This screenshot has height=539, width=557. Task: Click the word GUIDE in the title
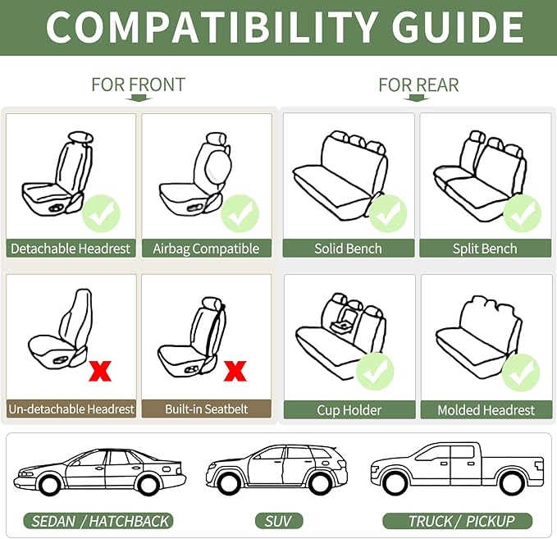click(x=458, y=27)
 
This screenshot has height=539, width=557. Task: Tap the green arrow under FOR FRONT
click(x=139, y=98)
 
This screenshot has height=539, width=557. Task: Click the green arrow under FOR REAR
click(x=417, y=98)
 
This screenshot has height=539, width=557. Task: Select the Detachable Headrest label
click(x=71, y=249)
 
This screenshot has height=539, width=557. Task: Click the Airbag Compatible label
click(x=207, y=249)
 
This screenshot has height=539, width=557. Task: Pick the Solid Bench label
click(x=349, y=249)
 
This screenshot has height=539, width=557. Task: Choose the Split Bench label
click(x=486, y=249)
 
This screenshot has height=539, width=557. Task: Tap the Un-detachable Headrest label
click(x=71, y=409)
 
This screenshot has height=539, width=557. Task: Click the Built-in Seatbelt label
click(x=207, y=409)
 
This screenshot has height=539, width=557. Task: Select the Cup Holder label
click(x=349, y=410)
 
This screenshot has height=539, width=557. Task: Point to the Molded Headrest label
click(x=486, y=410)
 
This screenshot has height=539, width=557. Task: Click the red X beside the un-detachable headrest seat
click(x=100, y=371)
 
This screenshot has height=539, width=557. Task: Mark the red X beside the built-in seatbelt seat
click(x=235, y=371)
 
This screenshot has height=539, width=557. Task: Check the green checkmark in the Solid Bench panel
click(x=387, y=213)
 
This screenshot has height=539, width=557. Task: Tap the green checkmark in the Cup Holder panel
click(x=375, y=372)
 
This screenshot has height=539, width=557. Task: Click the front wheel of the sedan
click(x=49, y=485)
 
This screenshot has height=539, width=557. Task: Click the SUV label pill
click(x=279, y=521)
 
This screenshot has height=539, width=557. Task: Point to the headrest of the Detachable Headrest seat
click(x=81, y=137)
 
